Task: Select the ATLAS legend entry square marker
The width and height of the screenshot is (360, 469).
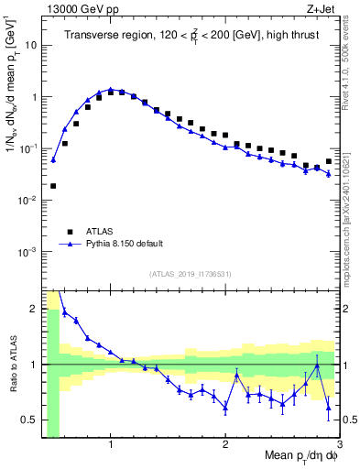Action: (70, 232)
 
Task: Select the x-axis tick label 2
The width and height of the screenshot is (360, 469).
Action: (225, 444)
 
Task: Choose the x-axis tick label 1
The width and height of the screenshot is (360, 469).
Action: (111, 444)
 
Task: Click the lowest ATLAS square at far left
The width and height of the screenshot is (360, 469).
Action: (53, 186)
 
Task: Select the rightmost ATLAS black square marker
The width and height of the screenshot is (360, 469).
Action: (329, 161)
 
